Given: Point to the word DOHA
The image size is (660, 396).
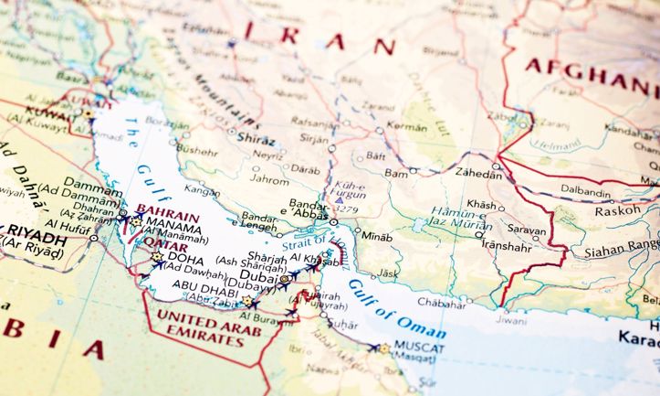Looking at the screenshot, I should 186,258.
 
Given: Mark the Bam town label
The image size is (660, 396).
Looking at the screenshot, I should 395,172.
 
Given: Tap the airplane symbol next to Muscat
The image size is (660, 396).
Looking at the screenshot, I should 373,348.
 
